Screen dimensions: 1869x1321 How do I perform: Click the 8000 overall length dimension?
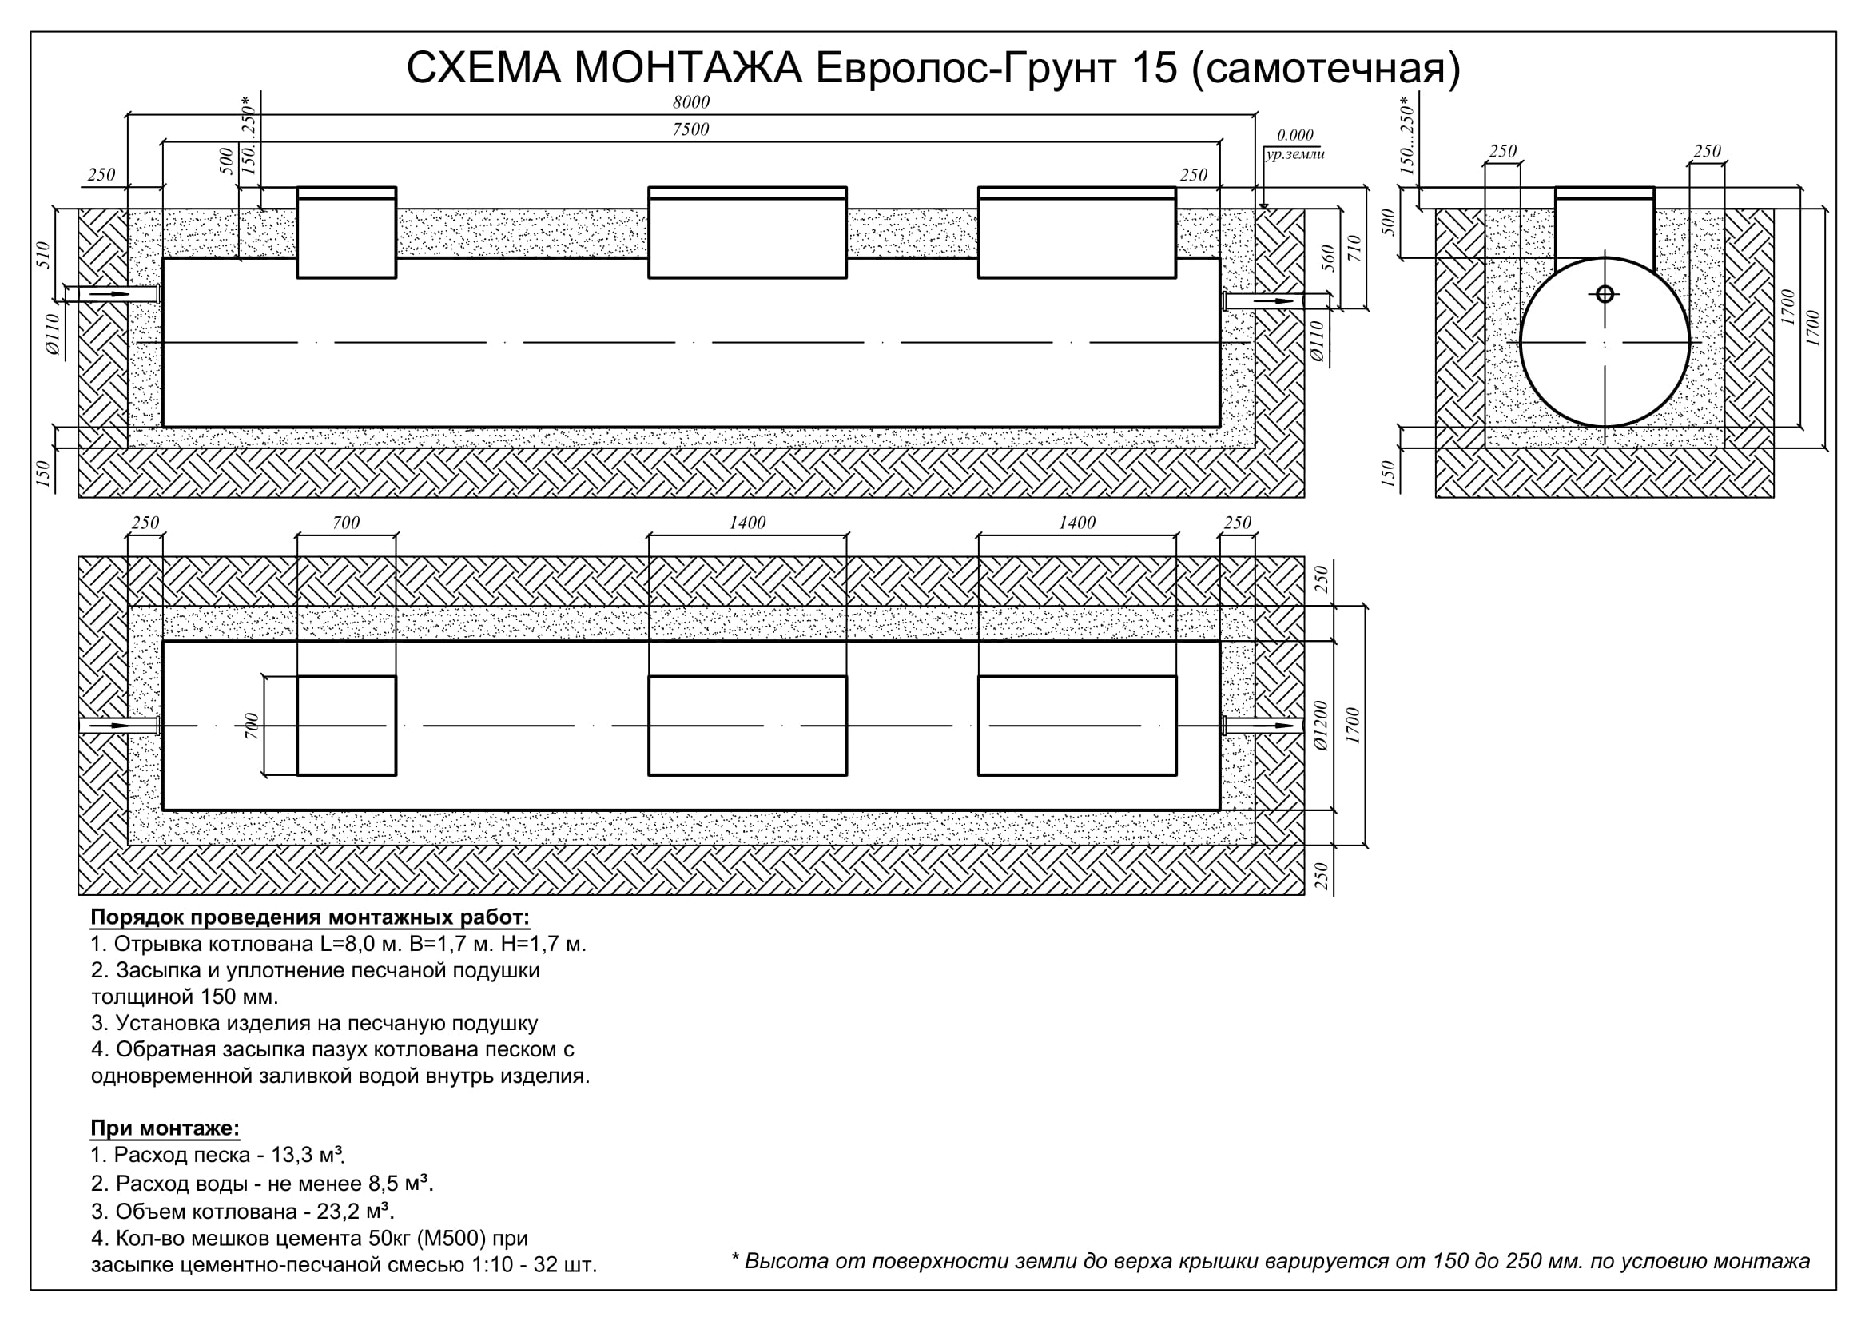[690, 102]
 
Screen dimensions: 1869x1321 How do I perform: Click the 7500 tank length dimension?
[690, 129]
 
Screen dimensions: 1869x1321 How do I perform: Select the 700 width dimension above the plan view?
[346, 523]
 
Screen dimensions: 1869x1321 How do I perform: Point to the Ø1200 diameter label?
[1320, 725]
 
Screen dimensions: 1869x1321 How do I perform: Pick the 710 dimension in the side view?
[1354, 249]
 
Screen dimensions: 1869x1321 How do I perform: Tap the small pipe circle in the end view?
[1605, 294]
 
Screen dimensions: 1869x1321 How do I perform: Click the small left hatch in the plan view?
[346, 725]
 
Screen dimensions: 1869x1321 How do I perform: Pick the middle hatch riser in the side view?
[747, 233]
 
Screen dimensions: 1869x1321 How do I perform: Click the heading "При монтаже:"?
[165, 1128]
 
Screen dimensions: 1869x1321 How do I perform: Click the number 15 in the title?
[1155, 68]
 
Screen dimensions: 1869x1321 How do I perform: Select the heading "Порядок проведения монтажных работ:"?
[310, 917]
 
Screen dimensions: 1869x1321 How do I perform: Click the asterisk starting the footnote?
[735, 1259]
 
